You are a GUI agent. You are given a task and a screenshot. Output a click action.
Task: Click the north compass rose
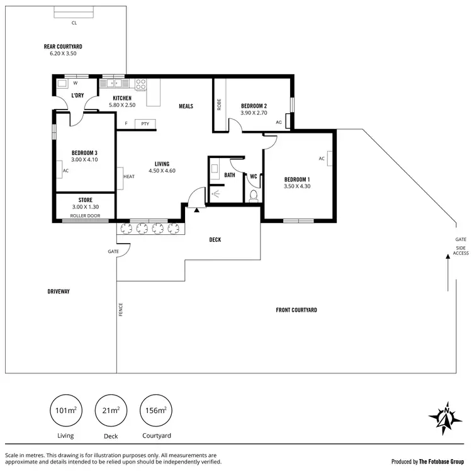(x=446, y=417)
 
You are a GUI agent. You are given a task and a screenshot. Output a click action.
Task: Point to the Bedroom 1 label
(x=297, y=178)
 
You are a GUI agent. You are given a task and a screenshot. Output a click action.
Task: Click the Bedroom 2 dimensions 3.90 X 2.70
(x=254, y=113)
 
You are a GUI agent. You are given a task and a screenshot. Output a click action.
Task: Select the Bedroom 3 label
(x=84, y=153)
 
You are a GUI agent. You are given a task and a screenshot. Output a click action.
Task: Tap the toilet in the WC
(x=254, y=196)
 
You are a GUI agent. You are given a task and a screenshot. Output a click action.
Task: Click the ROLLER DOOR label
(x=85, y=215)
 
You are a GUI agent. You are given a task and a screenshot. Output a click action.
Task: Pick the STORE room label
(x=85, y=200)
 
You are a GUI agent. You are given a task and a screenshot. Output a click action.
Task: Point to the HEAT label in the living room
(x=129, y=176)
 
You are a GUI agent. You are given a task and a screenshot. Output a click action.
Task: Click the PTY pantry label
(x=145, y=123)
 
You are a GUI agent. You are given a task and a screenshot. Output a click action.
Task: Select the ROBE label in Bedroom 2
(x=219, y=105)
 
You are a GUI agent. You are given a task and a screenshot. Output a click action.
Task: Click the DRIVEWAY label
(x=58, y=292)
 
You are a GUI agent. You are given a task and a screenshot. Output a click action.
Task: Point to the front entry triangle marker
(x=196, y=210)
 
